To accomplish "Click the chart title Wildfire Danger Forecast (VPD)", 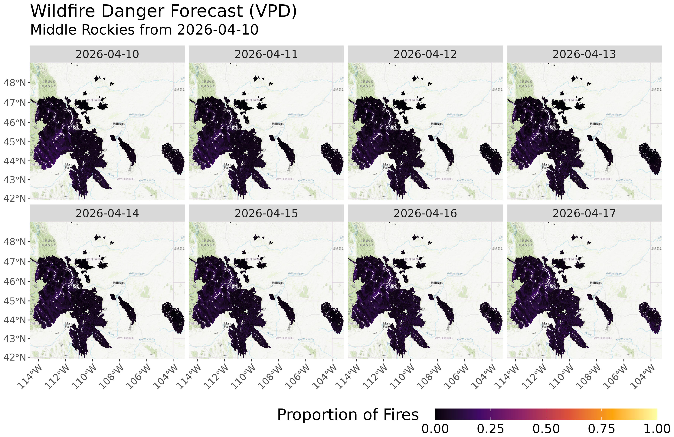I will pyautogui.click(x=163, y=11).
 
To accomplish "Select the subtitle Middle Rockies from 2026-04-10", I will pyautogui.click(x=144, y=30).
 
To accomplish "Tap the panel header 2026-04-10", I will pyautogui.click(x=107, y=54).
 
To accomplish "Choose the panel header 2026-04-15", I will pyautogui.click(x=266, y=213).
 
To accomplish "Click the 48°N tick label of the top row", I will pyautogui.click(x=15, y=83).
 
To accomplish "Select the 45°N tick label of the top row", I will pyautogui.click(x=15, y=142).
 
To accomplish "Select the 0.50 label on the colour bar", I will pyautogui.click(x=546, y=429).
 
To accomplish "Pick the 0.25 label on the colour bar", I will pyautogui.click(x=490, y=429).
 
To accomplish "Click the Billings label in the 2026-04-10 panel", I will pyautogui.click(x=119, y=124).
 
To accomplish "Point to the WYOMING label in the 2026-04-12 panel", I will pyautogui.click(x=443, y=179).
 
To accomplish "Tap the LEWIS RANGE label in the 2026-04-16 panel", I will pyautogui.click(x=367, y=243).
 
